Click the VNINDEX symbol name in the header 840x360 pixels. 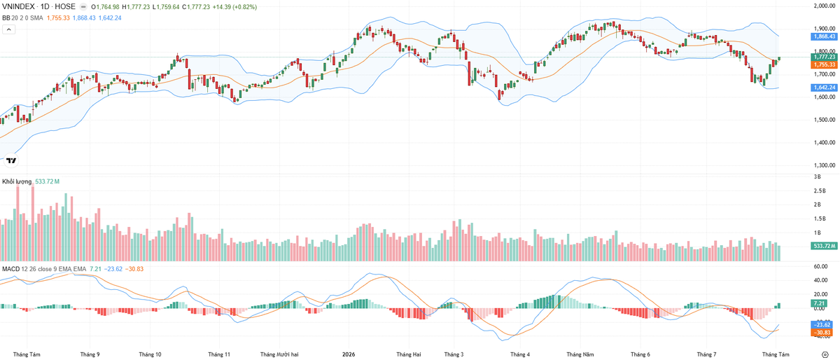pos(19,7)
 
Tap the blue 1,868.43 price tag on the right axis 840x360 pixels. pos(824,36)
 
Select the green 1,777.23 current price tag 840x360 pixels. pos(824,57)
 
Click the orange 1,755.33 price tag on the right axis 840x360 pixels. pos(824,64)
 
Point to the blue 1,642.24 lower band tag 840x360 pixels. pos(824,88)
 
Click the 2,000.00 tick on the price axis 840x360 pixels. pos(825,6)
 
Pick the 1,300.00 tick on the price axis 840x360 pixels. pos(825,165)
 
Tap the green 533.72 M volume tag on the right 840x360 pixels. pos(824,246)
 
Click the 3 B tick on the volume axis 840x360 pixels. pos(817,176)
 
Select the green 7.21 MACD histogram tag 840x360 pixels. pos(819,303)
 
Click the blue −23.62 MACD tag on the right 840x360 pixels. pos(820,325)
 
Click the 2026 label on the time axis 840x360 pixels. pos(349,354)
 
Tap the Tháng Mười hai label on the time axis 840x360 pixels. pos(279,354)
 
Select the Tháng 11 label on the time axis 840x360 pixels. pos(219,354)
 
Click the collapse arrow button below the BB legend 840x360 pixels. pos(9,29)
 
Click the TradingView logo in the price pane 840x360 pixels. pos(11,160)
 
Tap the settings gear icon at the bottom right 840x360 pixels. pos(825,354)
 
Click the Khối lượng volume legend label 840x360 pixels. pos(17,181)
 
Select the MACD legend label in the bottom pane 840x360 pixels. pos(10,269)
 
